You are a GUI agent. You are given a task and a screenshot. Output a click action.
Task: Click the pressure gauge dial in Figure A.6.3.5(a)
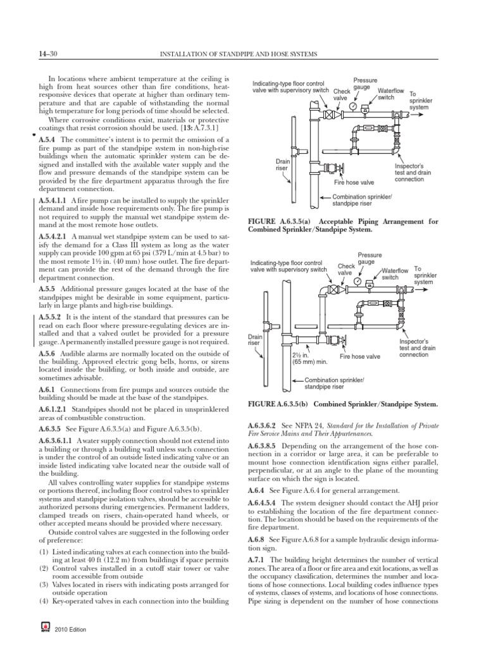click(x=351, y=107)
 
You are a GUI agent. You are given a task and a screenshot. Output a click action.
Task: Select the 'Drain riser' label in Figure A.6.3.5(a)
click(x=282, y=165)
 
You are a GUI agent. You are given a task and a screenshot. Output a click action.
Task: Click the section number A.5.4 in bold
click(x=47, y=139)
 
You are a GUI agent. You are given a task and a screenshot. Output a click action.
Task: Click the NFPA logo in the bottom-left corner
click(x=45, y=630)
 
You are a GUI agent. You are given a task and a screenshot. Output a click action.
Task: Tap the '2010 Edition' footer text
click(x=71, y=630)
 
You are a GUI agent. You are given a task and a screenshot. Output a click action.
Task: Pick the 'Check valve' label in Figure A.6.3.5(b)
click(x=346, y=270)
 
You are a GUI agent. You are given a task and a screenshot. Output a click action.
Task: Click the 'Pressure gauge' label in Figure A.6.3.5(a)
click(x=365, y=84)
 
